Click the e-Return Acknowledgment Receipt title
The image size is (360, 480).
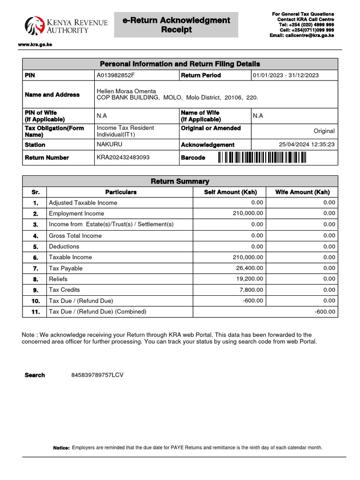(x=176, y=25)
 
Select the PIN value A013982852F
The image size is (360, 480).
(x=115, y=75)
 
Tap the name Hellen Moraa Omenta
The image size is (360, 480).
(x=126, y=91)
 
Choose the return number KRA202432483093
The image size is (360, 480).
(x=123, y=158)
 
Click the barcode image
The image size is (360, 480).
(x=262, y=158)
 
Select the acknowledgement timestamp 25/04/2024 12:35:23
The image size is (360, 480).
(x=307, y=145)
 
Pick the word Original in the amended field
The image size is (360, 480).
(x=324, y=131)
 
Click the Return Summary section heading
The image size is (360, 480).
(x=180, y=181)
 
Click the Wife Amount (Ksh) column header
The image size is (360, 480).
(x=302, y=192)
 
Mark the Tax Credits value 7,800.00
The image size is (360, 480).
(x=251, y=290)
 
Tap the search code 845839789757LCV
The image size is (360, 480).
(x=97, y=375)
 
